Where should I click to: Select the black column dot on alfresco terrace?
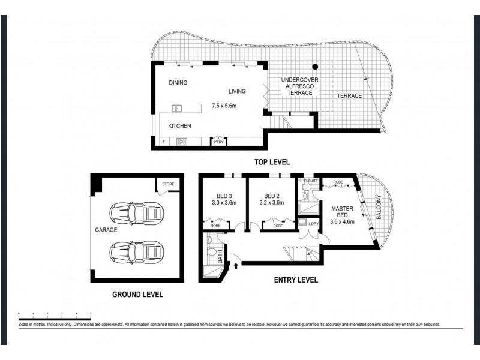pos(314,66)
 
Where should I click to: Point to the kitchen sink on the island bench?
pos(177,109)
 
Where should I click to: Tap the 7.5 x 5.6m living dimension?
pos(224,106)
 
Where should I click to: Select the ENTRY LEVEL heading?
pos(296,280)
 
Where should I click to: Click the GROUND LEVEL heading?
pos(137,295)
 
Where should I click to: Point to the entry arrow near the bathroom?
pos(235,262)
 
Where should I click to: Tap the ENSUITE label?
pos(311,181)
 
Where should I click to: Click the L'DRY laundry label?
pos(313,224)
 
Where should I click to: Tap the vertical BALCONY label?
pos(379,207)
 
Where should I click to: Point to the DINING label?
pos(178,83)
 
